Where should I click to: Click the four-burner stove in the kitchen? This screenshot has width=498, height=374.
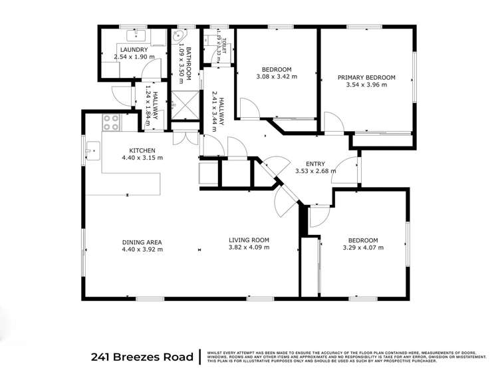(110, 122)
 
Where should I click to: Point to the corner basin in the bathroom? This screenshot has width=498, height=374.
(180, 37)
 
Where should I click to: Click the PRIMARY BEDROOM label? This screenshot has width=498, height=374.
(370, 77)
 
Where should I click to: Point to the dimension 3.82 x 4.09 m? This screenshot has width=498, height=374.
(249, 248)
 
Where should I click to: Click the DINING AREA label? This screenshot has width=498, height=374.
(142, 242)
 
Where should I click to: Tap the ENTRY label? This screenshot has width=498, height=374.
(315, 164)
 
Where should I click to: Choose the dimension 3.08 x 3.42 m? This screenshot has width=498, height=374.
(276, 77)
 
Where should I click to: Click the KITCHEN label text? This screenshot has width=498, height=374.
(142, 150)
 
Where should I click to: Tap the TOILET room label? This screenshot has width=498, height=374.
(225, 45)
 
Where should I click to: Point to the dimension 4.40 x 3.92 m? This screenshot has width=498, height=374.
(142, 250)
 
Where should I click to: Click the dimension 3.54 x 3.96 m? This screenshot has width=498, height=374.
(370, 85)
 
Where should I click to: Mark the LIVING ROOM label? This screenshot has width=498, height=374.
(249, 240)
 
